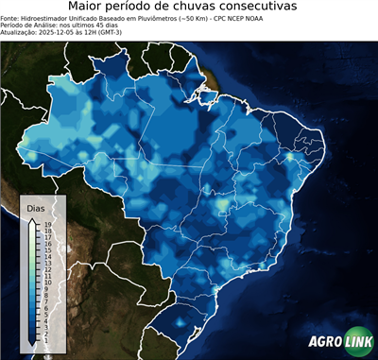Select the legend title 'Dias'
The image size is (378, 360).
point(35,207)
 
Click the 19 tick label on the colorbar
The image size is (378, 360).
point(46,224)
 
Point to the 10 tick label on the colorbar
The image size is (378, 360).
point(46,282)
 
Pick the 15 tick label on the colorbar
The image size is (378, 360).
point(46,249)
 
